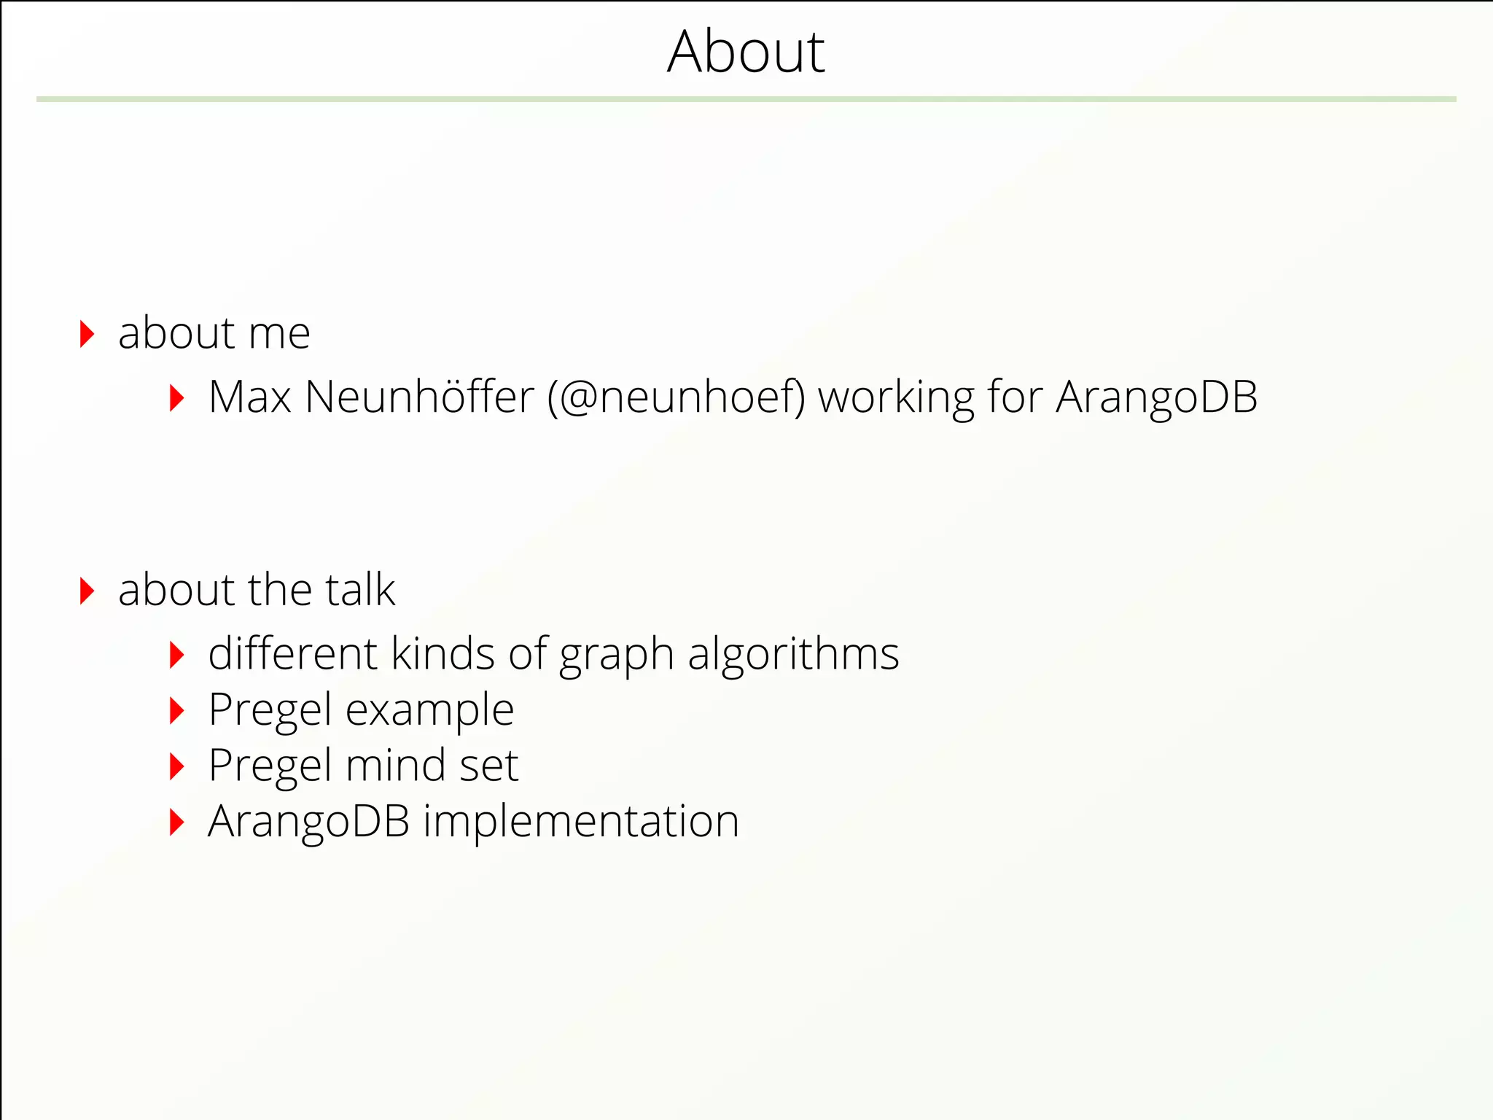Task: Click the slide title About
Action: (x=746, y=52)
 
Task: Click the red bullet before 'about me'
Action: (x=87, y=334)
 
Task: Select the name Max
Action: (x=249, y=397)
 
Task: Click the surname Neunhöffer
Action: (x=419, y=397)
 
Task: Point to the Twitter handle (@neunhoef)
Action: (x=677, y=398)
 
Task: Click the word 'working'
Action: (x=896, y=399)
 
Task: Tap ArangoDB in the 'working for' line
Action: (x=1156, y=398)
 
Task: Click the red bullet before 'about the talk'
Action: (x=87, y=591)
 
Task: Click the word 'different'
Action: (x=293, y=653)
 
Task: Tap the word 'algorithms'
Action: (x=793, y=654)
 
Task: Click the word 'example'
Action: (x=429, y=711)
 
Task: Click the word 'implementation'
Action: (x=581, y=822)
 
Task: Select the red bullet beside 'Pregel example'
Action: (x=176, y=711)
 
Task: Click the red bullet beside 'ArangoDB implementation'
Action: (x=176, y=822)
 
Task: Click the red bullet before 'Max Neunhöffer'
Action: (x=176, y=398)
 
